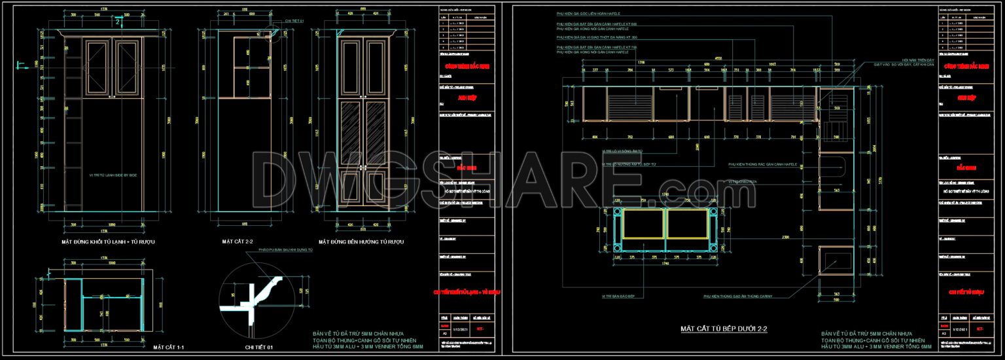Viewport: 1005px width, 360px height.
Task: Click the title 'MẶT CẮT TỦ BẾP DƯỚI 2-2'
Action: [724, 328]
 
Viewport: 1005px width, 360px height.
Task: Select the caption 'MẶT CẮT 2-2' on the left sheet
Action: [237, 242]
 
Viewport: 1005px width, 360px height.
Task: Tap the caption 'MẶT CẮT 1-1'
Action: [167, 346]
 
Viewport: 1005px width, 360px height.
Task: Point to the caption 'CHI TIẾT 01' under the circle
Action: [258, 346]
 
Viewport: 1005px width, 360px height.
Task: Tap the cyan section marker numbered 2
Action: [118, 22]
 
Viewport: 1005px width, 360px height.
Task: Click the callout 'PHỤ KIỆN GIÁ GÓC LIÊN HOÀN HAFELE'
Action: [588, 13]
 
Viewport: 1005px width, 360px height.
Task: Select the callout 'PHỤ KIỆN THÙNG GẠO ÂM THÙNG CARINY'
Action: [738, 297]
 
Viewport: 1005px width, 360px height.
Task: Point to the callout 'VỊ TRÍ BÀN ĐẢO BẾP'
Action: [623, 297]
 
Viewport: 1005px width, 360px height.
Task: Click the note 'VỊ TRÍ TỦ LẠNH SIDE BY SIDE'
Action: [113, 175]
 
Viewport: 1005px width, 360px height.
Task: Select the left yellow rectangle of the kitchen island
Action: [643, 224]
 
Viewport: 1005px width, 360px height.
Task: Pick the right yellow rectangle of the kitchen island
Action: [688, 224]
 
